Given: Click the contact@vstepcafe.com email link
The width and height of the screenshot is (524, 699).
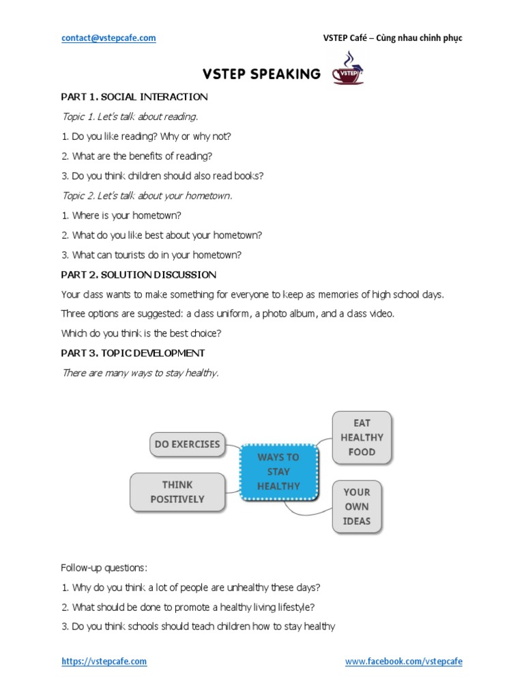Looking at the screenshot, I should coord(108,38).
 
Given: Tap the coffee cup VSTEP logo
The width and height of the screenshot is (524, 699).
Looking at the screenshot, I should coord(348,71).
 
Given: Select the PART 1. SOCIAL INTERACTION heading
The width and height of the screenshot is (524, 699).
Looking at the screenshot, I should coord(134,97).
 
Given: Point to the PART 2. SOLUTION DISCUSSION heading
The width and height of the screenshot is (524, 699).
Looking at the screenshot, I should coord(139,274).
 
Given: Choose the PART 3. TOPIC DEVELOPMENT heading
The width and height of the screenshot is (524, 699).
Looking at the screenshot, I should coord(133,353).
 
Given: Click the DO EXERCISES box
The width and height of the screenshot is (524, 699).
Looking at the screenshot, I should coord(188,444).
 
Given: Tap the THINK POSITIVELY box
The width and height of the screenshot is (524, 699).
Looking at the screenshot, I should coord(177,492).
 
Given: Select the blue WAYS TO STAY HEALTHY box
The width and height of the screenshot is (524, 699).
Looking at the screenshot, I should coord(278,472).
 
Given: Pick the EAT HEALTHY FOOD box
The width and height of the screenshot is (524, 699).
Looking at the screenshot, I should coord(362,438).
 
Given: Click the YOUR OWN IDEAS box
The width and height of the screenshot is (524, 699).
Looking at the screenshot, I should coord(357,507).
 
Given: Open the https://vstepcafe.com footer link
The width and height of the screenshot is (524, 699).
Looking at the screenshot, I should coord(104,661).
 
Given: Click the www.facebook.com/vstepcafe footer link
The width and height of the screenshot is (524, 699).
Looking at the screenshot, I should coord(403,661).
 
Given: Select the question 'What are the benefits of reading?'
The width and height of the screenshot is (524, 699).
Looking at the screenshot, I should coord(142,156).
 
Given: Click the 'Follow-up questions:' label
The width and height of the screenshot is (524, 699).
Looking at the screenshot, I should coord(104,567).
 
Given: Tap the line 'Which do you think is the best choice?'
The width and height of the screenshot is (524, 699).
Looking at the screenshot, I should coord(141,333).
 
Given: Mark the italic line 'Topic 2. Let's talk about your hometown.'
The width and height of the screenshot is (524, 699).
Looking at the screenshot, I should coord(147,196).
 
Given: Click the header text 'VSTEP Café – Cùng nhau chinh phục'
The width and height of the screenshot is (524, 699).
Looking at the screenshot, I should coord(392,38).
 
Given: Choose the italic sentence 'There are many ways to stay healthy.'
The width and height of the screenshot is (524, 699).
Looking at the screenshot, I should coord(140,373).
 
